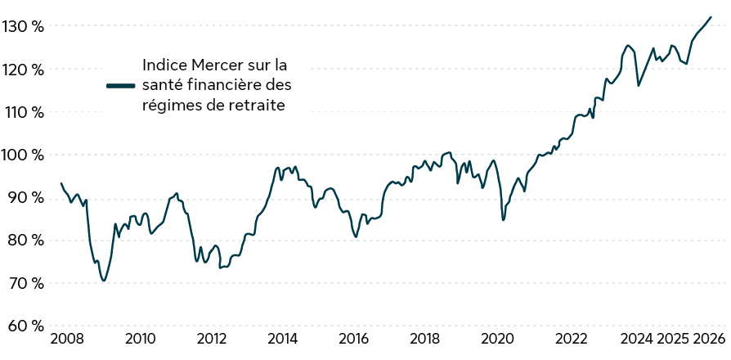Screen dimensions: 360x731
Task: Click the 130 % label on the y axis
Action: [22, 26]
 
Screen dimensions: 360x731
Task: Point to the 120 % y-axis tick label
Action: [22, 70]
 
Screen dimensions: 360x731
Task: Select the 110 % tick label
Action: [22, 112]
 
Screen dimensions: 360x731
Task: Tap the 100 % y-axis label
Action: [22, 155]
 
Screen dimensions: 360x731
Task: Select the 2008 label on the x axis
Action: [68, 339]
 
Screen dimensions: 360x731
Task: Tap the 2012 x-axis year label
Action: [211, 339]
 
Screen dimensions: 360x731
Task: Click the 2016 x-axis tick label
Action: [354, 339]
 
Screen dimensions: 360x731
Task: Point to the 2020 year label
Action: [497, 339]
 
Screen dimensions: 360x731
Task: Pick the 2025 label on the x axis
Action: [673, 339]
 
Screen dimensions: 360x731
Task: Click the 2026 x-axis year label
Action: [708, 339]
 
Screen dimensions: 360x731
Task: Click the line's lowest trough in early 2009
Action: [104, 281]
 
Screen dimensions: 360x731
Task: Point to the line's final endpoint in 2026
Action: [711, 17]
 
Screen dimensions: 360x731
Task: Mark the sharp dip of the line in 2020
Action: [504, 219]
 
